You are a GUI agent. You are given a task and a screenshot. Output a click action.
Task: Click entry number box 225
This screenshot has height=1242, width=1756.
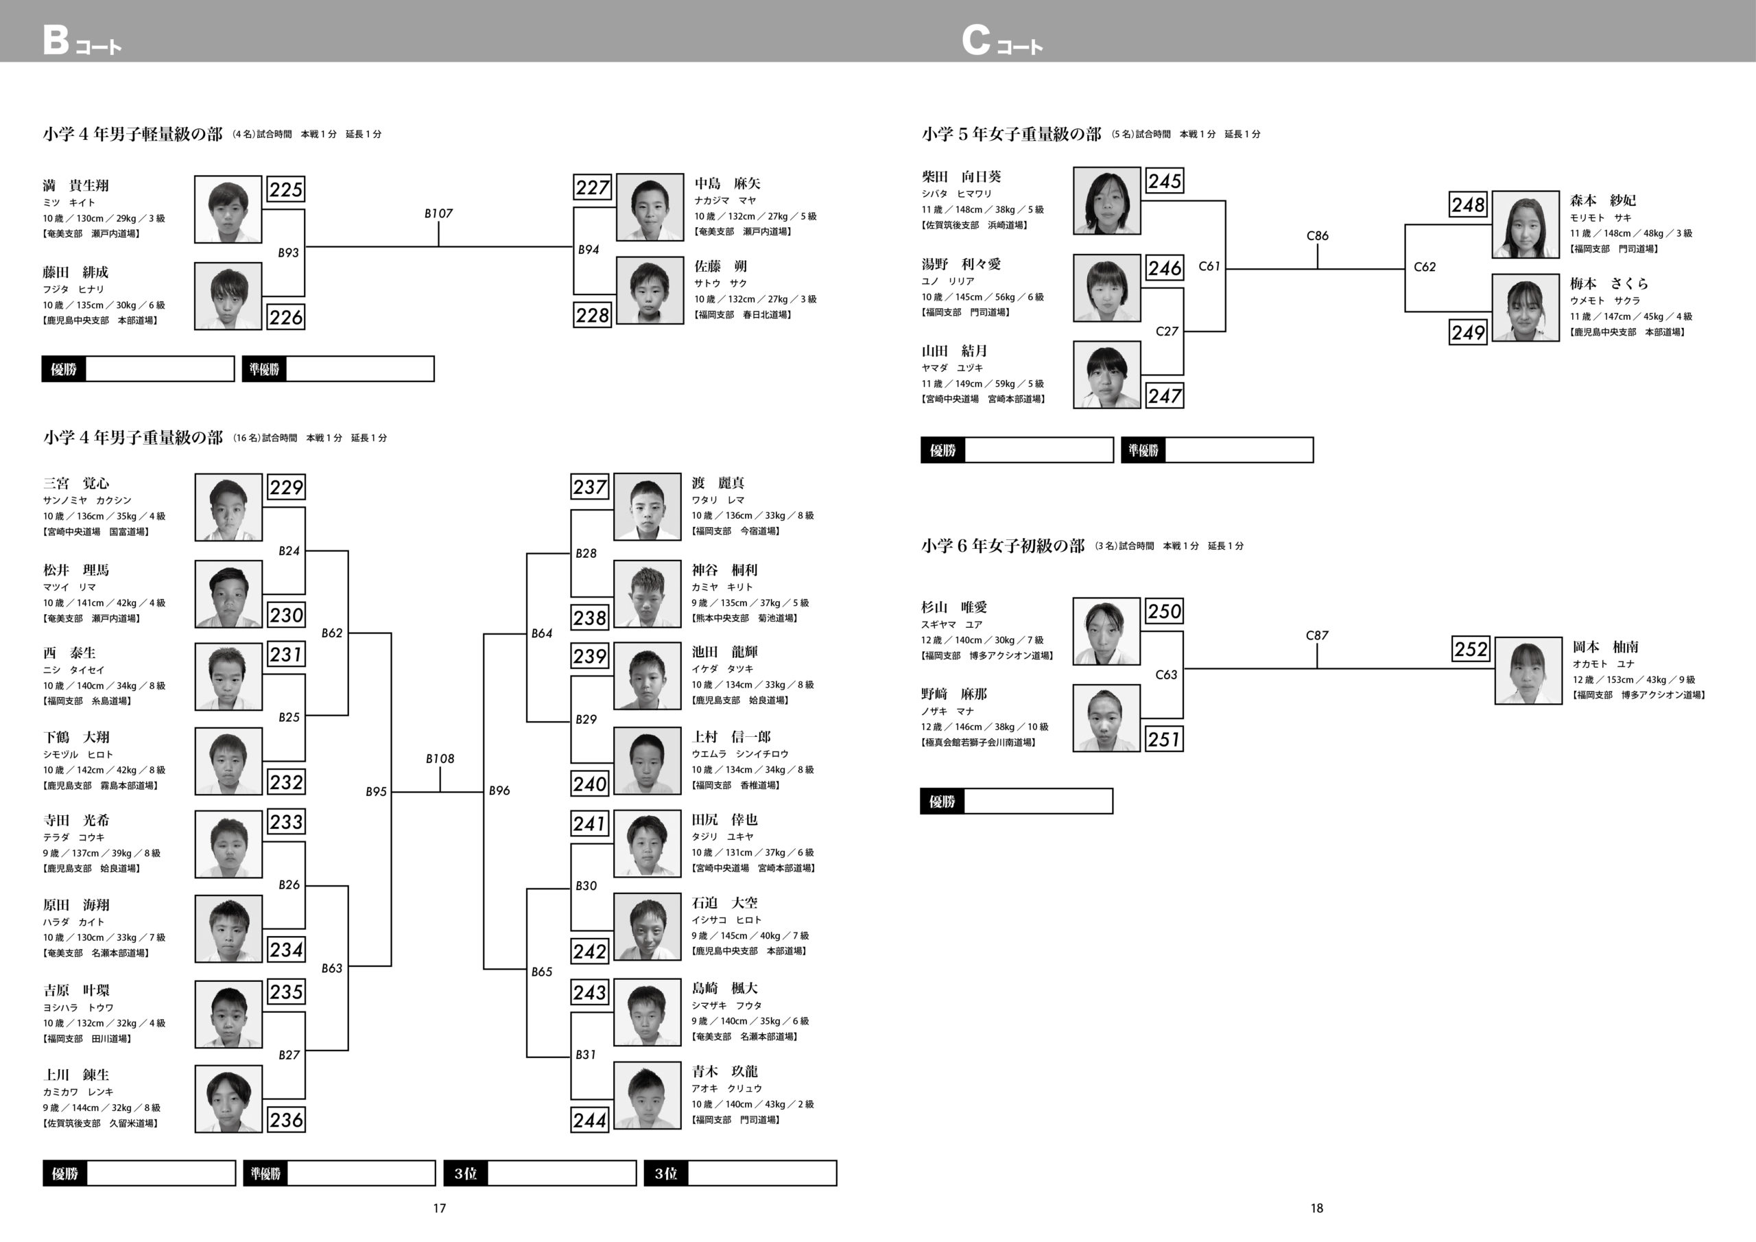(x=286, y=189)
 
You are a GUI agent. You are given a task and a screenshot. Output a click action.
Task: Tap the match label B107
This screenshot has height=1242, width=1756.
(x=439, y=213)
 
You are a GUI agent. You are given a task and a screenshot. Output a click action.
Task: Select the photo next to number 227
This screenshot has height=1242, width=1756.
(x=650, y=207)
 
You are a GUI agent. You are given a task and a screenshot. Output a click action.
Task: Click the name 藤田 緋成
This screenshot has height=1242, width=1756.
(x=75, y=272)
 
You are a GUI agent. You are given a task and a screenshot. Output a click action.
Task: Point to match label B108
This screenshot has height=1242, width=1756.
(x=440, y=758)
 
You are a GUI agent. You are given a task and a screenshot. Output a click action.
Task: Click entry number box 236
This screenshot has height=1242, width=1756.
(x=286, y=1120)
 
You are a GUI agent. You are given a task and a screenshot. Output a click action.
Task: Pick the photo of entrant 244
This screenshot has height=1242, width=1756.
(x=647, y=1095)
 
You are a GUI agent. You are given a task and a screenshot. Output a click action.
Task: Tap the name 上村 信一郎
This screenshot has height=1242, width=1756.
(x=731, y=737)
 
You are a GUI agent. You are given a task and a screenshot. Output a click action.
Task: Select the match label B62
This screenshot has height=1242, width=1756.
(x=332, y=633)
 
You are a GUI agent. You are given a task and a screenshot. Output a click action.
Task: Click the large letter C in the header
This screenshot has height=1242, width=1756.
(x=975, y=40)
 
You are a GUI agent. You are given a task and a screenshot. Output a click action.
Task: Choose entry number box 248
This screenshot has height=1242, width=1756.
(x=1468, y=204)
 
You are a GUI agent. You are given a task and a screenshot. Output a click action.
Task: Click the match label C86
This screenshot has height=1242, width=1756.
(x=1317, y=235)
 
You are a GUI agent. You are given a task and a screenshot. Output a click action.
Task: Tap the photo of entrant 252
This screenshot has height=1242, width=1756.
(x=1528, y=670)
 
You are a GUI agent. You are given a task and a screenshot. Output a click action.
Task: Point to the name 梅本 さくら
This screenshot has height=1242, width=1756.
(x=1609, y=284)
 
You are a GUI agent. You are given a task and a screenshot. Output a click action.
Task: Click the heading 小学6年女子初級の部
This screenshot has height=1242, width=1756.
(x=1003, y=546)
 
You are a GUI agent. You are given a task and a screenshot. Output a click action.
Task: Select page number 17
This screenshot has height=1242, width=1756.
(x=439, y=1208)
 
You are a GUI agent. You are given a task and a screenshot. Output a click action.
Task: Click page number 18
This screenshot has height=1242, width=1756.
(x=1316, y=1208)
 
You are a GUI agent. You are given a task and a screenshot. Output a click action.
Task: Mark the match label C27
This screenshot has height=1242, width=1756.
(x=1166, y=331)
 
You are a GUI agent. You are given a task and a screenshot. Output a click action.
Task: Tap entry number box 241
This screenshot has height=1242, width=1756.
(x=590, y=823)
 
